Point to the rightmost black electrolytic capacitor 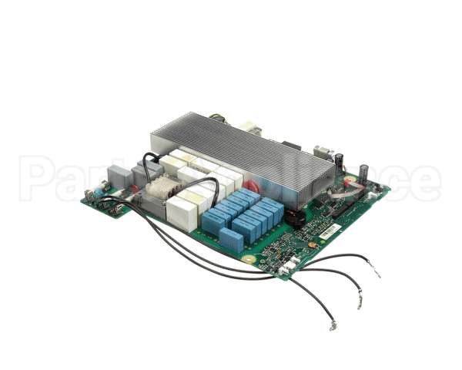tap(363, 173)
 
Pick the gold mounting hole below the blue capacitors tap(248, 260)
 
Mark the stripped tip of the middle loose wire tap(358, 301)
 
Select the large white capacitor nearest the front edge tap(182, 214)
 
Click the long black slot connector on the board tap(340, 209)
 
